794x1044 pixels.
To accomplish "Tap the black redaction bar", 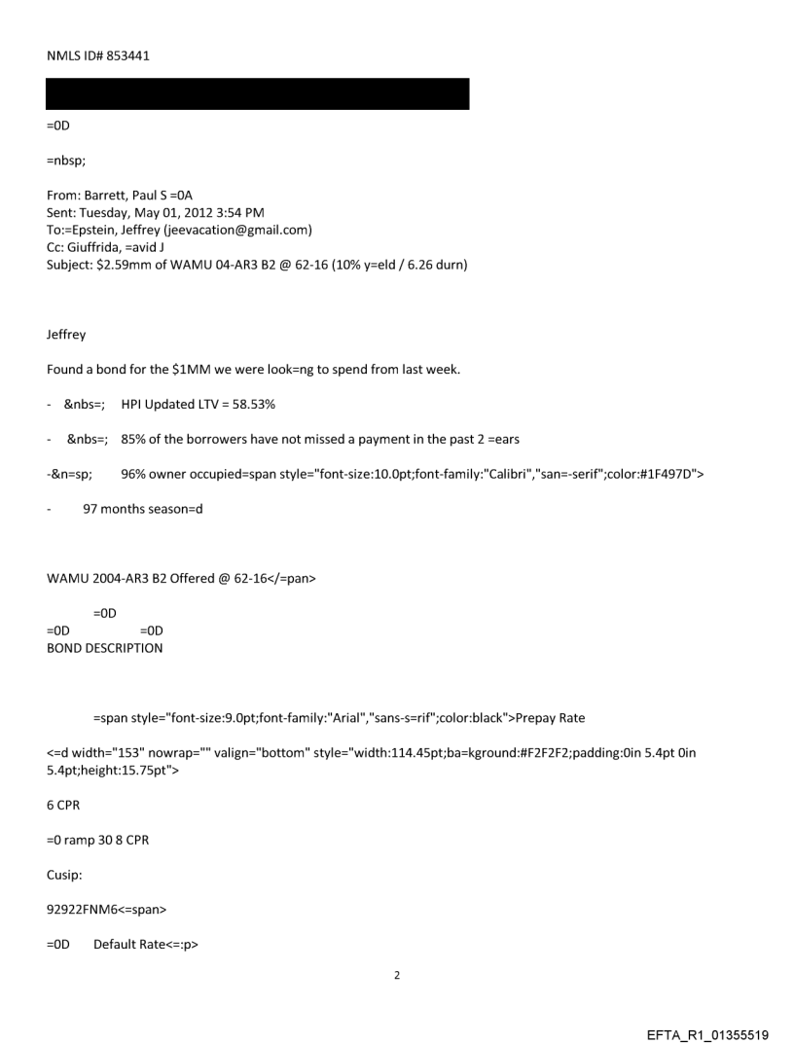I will [x=258, y=93].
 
